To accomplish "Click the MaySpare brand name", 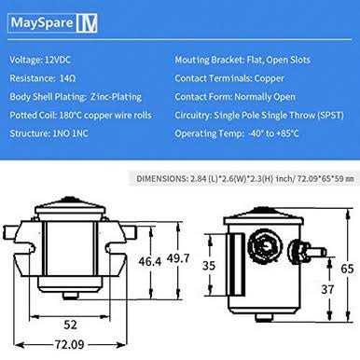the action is pyautogui.click(x=42, y=22).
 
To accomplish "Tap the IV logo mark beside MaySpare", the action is pyautogui.click(x=87, y=23).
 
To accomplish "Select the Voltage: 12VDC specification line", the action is pyautogui.click(x=40, y=60).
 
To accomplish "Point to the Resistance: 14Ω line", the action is pyautogui.click(x=43, y=78).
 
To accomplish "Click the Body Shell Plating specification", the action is pyautogui.click(x=76, y=97).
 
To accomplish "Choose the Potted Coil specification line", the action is pyautogui.click(x=81, y=115).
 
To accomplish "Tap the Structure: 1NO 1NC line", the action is pyautogui.click(x=49, y=133).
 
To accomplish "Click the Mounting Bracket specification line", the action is pyautogui.click(x=242, y=60).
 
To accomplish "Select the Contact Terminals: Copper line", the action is pyautogui.click(x=229, y=78).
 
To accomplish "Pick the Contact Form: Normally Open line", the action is pyautogui.click(x=235, y=97).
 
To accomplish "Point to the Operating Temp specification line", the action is pyautogui.click(x=237, y=133).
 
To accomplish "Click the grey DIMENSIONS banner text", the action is pyautogui.click(x=245, y=179).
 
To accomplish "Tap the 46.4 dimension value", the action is pyautogui.click(x=150, y=261).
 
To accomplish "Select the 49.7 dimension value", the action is pyautogui.click(x=178, y=258).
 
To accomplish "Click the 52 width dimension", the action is pyautogui.click(x=70, y=325).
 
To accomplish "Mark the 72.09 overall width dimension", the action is pyautogui.click(x=70, y=344).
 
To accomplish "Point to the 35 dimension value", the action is pyautogui.click(x=209, y=266).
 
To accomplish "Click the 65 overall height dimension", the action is pyautogui.click(x=347, y=269).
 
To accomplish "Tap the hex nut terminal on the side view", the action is pyautogui.click(x=264, y=246).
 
